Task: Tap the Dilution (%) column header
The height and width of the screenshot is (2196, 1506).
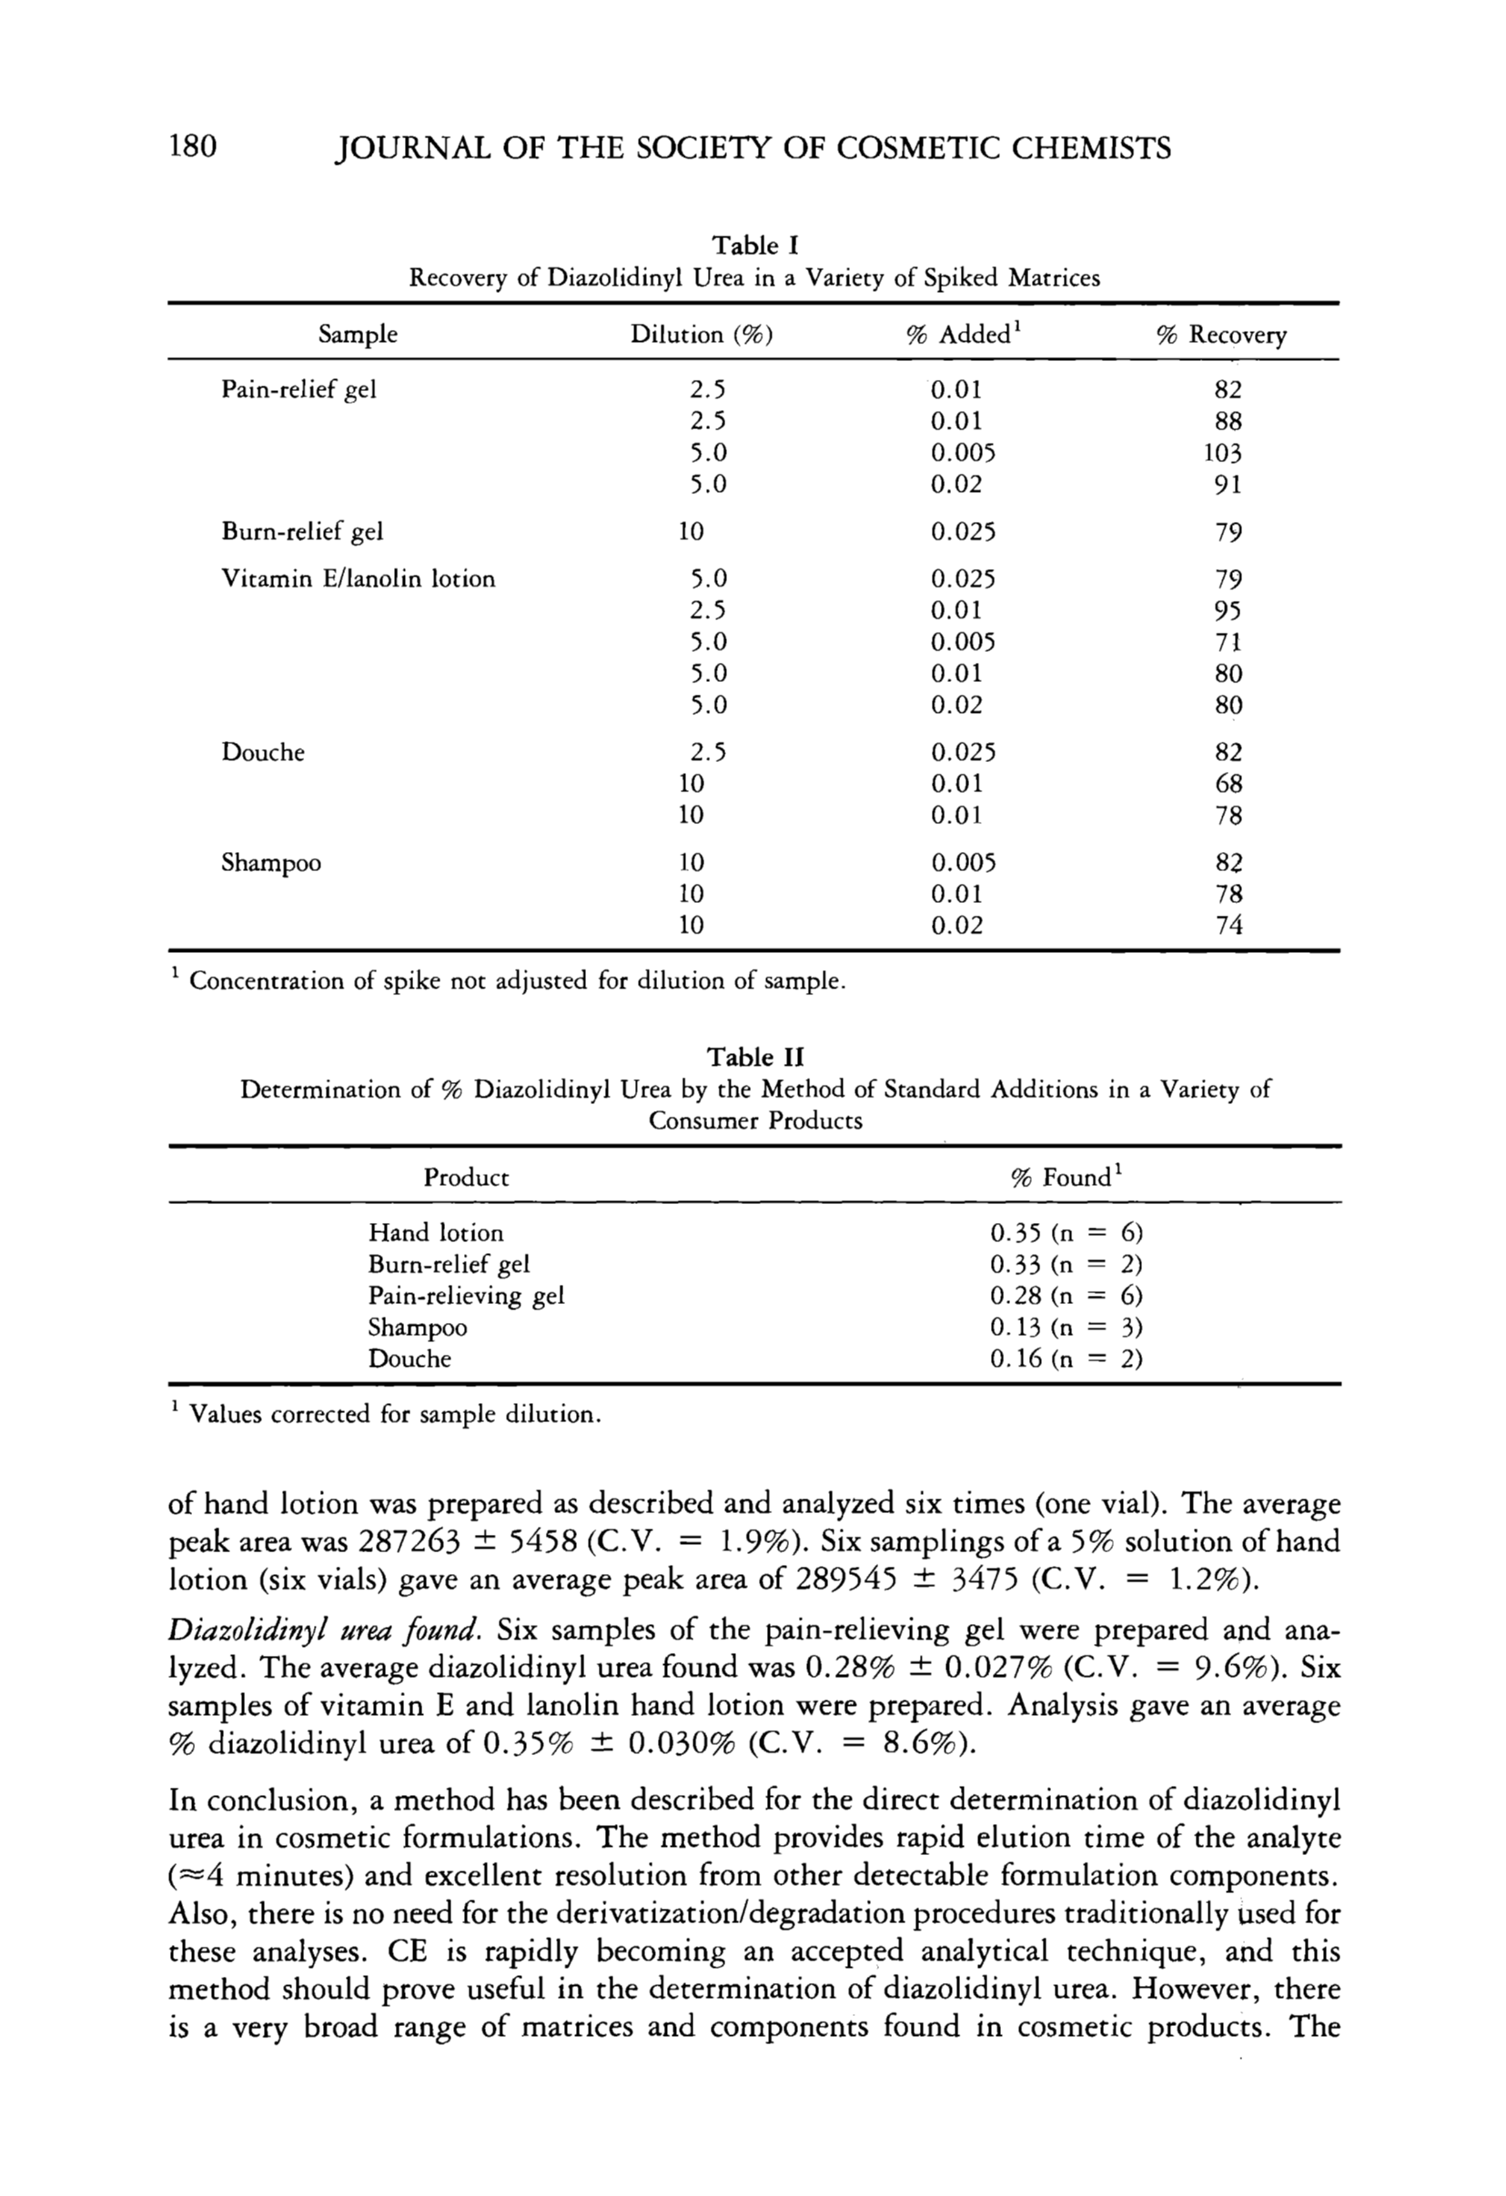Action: tap(702, 335)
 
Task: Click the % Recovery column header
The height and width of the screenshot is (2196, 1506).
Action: tap(1221, 335)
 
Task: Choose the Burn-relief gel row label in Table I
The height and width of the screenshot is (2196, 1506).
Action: tap(302, 532)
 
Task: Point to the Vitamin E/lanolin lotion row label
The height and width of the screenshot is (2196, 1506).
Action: tap(359, 578)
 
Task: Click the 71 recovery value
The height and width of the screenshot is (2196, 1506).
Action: tap(1228, 642)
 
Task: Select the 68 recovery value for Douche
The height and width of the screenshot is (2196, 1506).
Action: tap(1228, 783)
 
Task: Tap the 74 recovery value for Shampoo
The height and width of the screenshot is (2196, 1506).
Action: tap(1228, 925)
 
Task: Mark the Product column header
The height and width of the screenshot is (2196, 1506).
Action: tap(466, 1178)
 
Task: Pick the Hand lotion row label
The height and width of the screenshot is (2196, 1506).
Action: tap(436, 1232)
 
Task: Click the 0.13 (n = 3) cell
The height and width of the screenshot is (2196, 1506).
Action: tap(1066, 1327)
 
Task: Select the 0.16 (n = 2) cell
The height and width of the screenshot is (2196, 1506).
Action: tap(1066, 1359)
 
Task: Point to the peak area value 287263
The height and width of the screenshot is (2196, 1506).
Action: tap(410, 1542)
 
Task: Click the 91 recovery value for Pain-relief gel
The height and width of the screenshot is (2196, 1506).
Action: tap(1228, 485)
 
